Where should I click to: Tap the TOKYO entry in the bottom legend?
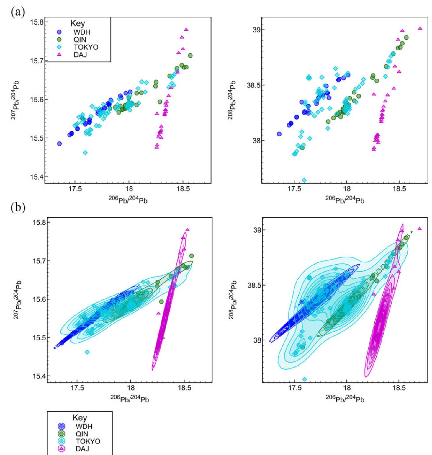88,441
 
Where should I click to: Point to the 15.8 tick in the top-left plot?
36,22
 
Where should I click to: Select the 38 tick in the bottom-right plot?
253,340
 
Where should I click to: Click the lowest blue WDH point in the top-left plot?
59,144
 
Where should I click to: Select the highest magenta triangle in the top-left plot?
186,30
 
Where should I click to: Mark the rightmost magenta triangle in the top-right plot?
420,29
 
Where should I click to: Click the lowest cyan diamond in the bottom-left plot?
87,352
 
